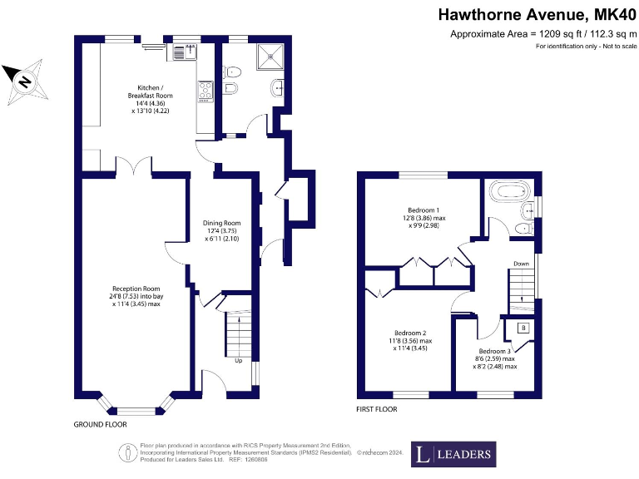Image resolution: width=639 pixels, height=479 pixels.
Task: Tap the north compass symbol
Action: pos(24,80)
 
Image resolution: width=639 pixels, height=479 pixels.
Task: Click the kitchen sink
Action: pos(182,52)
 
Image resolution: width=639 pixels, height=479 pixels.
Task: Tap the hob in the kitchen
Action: pos(205,90)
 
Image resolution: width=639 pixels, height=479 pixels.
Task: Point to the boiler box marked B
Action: pos(523,328)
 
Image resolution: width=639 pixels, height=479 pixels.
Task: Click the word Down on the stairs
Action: pos(521,264)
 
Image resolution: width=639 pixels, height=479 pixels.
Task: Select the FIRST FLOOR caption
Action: pos(377,409)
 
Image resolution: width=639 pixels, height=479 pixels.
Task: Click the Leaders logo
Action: pos(453,454)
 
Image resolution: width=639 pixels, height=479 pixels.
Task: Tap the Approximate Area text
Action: pos(537,34)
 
